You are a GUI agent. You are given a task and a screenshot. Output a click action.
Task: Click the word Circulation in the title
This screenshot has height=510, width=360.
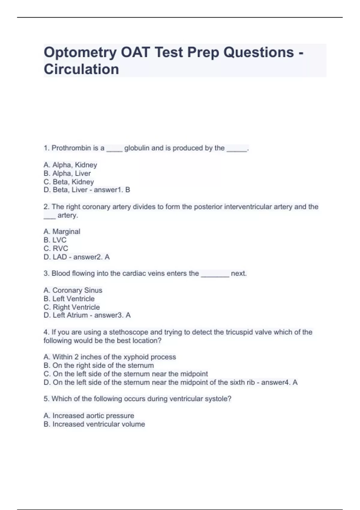pyautogui.click(x=81, y=69)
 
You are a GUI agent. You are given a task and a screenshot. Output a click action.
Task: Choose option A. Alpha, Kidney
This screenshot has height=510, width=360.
pyautogui.click(x=70, y=165)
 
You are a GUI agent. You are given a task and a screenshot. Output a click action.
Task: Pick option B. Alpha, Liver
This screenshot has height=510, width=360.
pyautogui.click(x=67, y=173)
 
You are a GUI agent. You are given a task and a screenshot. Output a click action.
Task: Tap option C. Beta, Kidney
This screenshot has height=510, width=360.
pyautogui.click(x=69, y=182)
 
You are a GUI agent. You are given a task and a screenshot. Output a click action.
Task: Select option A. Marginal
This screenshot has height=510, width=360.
pyautogui.click(x=62, y=232)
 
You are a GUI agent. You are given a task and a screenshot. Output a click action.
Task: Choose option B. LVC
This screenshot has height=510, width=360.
pyautogui.click(x=55, y=240)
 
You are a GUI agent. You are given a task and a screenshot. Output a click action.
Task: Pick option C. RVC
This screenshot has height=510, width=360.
pyautogui.click(x=56, y=248)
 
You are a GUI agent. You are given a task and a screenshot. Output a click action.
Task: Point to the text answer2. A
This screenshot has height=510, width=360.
pyautogui.click(x=91, y=257)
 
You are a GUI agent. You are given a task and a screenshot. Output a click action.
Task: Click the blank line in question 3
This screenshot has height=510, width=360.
pyautogui.click(x=215, y=274)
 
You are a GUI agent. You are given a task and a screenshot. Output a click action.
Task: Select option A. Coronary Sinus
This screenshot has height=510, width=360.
pyautogui.click(x=73, y=290)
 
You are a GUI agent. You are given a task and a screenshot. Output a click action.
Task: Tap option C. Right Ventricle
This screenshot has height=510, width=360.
pyautogui.click(x=72, y=307)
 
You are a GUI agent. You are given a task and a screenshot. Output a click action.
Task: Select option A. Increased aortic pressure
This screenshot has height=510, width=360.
pyautogui.click(x=89, y=416)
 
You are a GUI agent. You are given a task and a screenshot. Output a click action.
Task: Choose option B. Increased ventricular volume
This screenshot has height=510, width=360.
pyautogui.click(x=94, y=424)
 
